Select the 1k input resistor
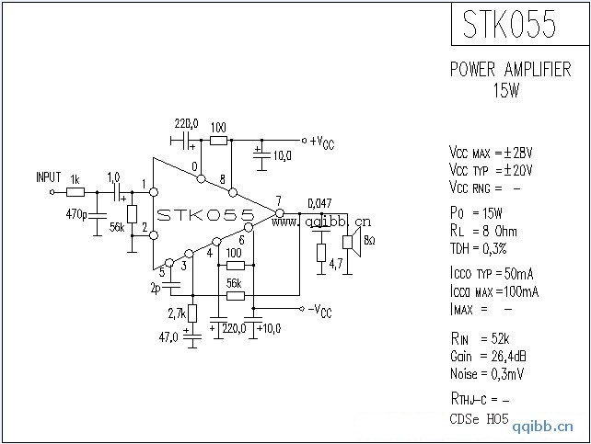(x=75, y=192)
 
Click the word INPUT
(x=48, y=176)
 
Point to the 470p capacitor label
(x=76, y=215)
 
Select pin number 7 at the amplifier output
(x=278, y=201)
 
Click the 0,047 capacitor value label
(x=319, y=202)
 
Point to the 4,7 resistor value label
(x=337, y=264)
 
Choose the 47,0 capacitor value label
(x=168, y=337)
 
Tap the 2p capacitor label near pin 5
(x=156, y=288)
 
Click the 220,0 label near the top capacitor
(x=186, y=122)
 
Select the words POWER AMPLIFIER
(x=510, y=70)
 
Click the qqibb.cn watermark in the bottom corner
(x=542, y=427)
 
